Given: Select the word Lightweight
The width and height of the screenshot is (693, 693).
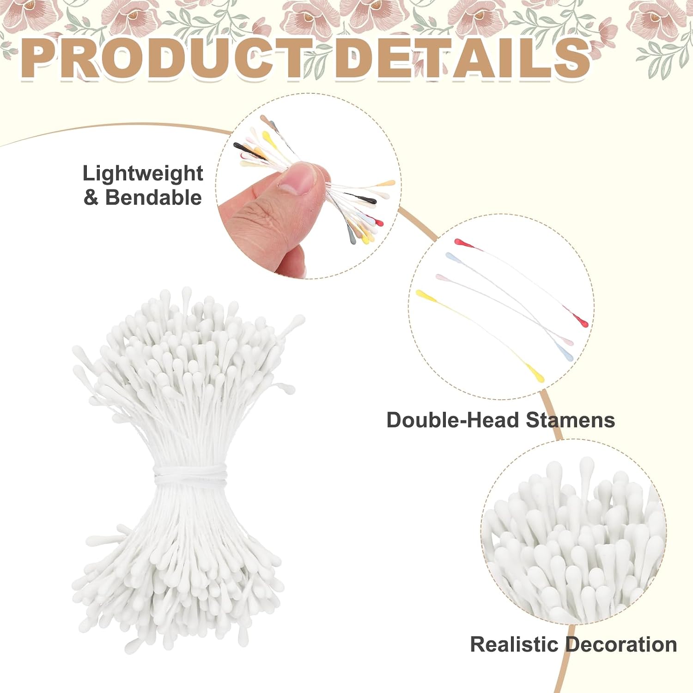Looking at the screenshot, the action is pyautogui.click(x=143, y=174).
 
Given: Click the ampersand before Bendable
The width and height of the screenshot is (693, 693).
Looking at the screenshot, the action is pyautogui.click(x=91, y=198).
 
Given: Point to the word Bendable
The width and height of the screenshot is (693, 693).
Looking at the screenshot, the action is pyautogui.click(x=153, y=197).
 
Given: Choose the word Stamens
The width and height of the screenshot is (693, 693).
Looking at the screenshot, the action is pyautogui.click(x=570, y=420).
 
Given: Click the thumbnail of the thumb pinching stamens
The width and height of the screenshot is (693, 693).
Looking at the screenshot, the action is pyautogui.click(x=308, y=186).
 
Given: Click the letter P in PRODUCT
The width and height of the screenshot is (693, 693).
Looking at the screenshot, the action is pyautogui.click(x=39, y=57).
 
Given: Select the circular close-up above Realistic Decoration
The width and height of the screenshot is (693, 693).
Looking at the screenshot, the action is pyautogui.click(x=573, y=532).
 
